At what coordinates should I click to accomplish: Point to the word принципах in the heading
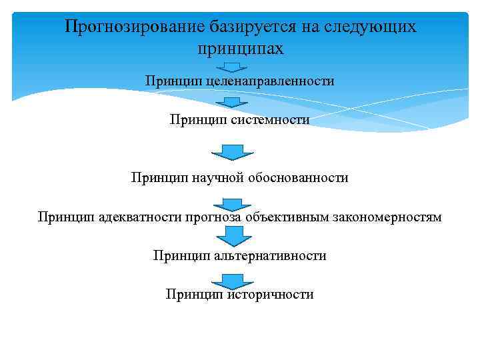click(x=240, y=49)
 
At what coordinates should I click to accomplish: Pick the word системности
click(x=271, y=120)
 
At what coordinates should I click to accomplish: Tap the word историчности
click(x=271, y=294)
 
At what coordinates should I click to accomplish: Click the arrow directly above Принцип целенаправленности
click(x=232, y=67)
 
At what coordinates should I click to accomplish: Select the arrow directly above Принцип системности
click(x=232, y=103)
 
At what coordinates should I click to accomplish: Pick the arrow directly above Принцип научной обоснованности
click(x=232, y=151)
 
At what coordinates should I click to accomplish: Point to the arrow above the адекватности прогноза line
click(x=232, y=203)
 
